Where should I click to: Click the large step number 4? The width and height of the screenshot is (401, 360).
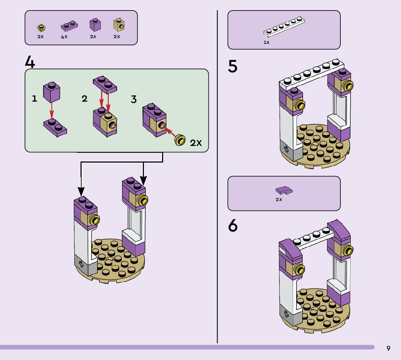30,62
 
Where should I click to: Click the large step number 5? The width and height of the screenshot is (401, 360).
232,67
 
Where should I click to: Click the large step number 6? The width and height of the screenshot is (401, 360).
232,226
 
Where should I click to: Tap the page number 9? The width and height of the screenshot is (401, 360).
388,348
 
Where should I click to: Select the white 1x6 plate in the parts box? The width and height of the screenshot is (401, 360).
284,27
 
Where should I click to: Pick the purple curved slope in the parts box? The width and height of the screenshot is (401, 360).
284,190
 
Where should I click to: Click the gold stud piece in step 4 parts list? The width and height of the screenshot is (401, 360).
41,27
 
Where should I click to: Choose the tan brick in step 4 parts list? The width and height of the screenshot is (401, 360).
118,25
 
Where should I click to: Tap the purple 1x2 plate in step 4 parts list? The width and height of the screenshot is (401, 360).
69,26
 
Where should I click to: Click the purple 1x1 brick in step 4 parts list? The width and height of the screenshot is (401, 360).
95,25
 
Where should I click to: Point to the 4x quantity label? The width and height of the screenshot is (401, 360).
64,37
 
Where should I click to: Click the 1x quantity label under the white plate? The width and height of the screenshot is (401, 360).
266,42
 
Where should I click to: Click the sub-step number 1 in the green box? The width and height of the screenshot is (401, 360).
34,98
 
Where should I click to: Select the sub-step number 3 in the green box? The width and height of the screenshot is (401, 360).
134,99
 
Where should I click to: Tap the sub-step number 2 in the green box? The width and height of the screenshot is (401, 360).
84,99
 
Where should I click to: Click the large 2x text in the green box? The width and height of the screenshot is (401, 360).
196,143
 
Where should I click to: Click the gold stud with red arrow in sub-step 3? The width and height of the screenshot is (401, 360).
180,140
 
